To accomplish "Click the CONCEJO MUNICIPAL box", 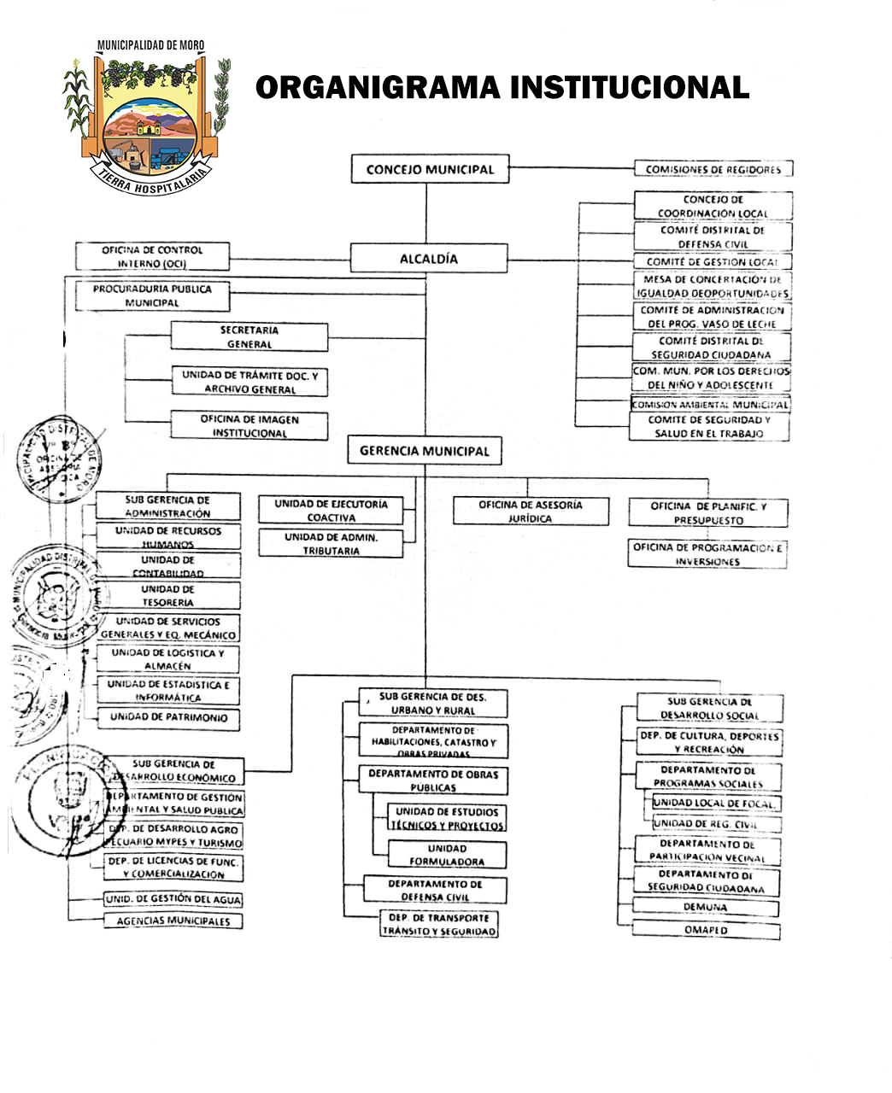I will [x=430, y=169].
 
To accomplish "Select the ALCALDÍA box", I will [x=429, y=258].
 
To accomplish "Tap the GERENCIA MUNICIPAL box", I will [x=425, y=451].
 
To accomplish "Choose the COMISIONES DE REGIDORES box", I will [x=713, y=169].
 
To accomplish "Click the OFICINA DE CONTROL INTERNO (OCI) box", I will [x=152, y=256].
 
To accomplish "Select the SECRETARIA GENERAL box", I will [x=249, y=336].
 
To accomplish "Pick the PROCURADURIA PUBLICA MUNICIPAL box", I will [x=152, y=295].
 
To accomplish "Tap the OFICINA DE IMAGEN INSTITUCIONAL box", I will [x=249, y=426].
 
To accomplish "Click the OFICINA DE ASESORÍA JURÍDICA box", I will [x=530, y=511].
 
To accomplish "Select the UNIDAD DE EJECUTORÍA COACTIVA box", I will [x=331, y=511].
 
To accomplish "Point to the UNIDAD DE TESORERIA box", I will [x=167, y=595].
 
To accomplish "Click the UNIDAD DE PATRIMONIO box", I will [x=168, y=717].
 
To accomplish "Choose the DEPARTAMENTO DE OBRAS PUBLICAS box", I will [x=433, y=780].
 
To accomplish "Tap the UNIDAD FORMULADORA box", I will [x=447, y=855].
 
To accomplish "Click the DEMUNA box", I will [x=706, y=907].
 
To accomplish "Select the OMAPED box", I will [x=706, y=930].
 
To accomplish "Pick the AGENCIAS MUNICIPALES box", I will [x=173, y=921].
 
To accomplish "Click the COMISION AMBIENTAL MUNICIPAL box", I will [x=710, y=404].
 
